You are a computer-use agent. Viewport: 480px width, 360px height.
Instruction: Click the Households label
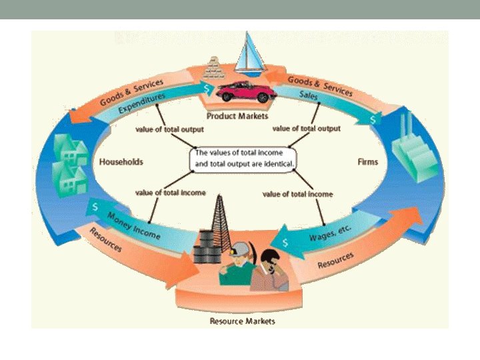click(121, 162)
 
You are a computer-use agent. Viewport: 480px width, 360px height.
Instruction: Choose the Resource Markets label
click(242, 321)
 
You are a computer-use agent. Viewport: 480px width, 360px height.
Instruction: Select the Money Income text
click(133, 223)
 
